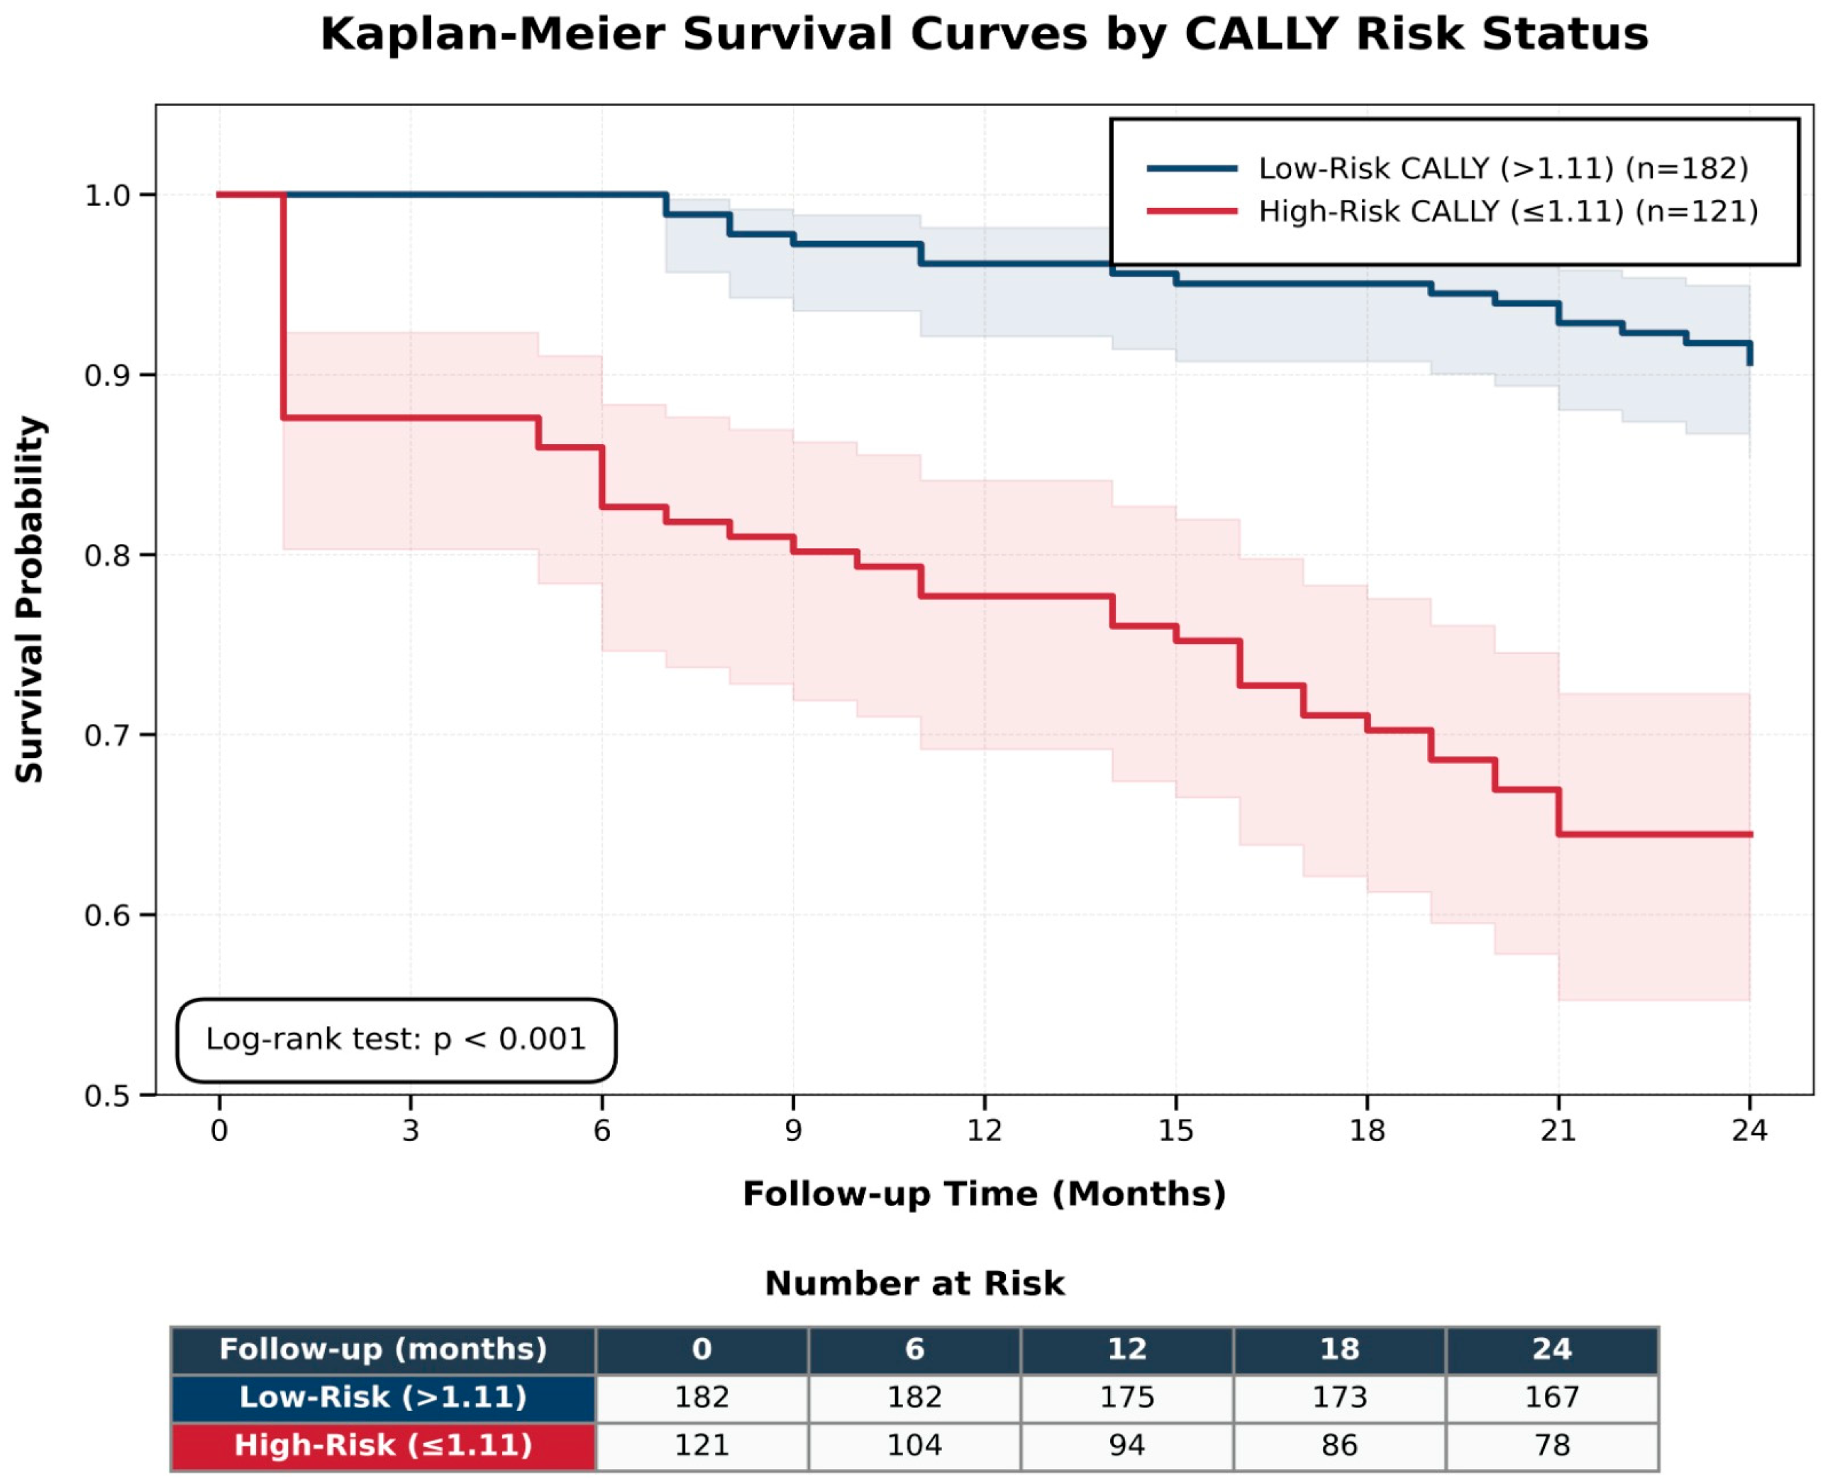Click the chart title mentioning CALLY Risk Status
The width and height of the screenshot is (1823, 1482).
pos(984,35)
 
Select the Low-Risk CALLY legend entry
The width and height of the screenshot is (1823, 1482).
pos(1447,168)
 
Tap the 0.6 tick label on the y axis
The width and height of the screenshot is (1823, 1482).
pos(106,915)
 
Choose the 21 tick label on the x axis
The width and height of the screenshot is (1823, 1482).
pos(1558,1130)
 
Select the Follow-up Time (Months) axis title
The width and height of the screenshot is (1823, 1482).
pos(984,1193)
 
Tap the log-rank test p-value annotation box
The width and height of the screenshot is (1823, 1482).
pos(397,1040)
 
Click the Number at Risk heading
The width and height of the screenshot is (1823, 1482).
pos(914,1283)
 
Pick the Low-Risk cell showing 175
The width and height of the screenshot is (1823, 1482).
pos(1127,1397)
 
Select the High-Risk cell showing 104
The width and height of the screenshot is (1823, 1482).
pos(914,1444)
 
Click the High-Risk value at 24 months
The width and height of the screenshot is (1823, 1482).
pos(1552,1444)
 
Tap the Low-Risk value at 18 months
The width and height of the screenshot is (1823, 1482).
pos(1340,1397)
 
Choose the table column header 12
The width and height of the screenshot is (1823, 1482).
pos(1127,1349)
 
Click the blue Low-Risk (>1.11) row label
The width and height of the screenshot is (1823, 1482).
pos(383,1397)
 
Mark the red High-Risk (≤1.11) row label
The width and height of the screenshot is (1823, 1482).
pos(383,1444)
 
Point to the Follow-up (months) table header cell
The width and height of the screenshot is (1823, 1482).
pos(383,1349)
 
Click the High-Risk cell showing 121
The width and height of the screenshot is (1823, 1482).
pos(702,1444)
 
